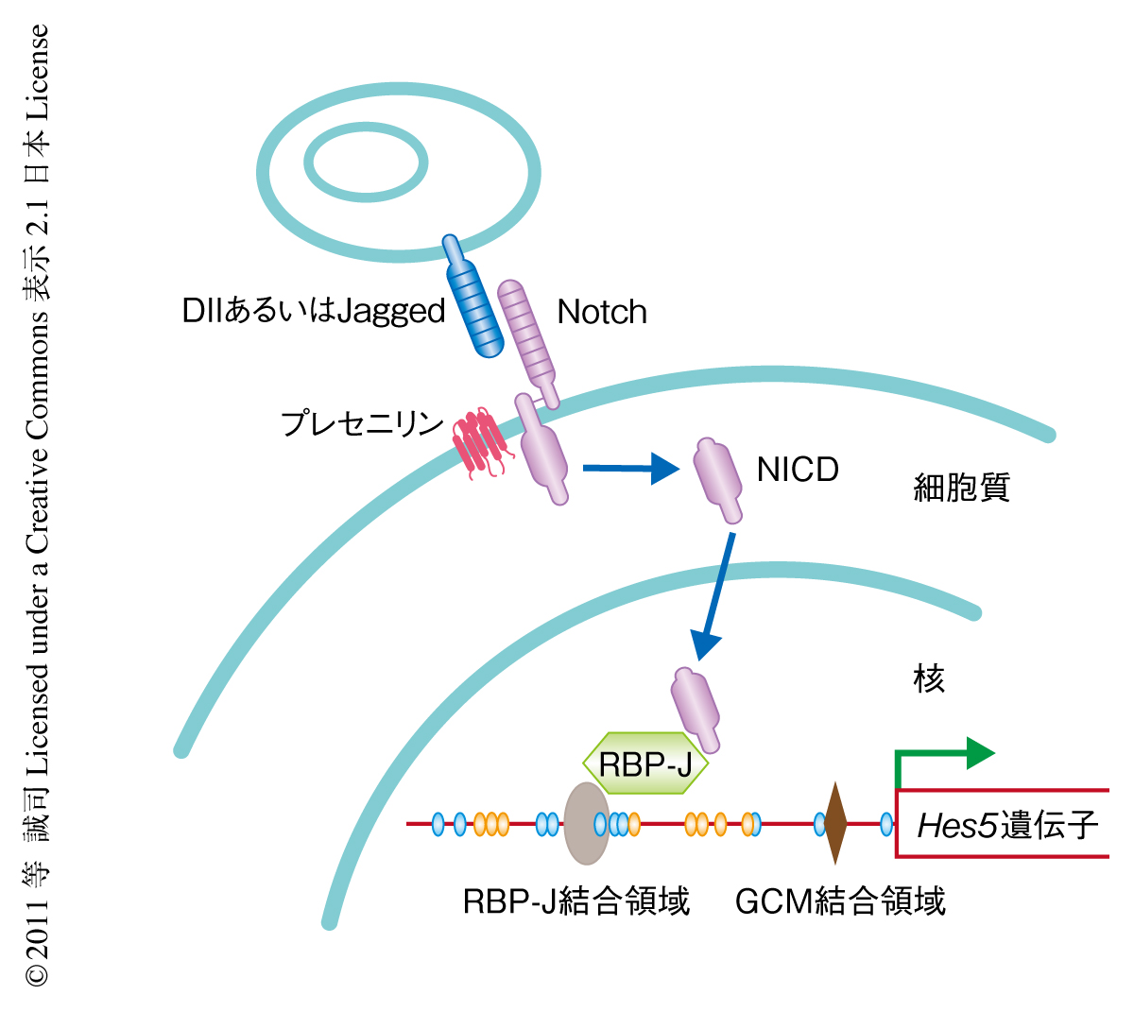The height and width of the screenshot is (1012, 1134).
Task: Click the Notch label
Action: click(602, 312)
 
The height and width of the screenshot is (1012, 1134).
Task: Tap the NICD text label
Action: click(798, 470)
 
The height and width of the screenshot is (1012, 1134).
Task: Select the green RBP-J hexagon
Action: click(645, 763)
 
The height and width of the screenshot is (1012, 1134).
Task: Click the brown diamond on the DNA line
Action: click(834, 823)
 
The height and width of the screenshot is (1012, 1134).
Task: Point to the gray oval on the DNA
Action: click(586, 823)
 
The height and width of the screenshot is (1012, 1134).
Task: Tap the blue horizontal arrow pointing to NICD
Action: click(630, 468)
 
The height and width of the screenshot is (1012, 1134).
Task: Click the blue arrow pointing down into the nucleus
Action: click(716, 595)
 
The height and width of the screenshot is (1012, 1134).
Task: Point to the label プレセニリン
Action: click(363, 422)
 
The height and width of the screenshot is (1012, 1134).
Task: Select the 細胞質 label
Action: click(961, 488)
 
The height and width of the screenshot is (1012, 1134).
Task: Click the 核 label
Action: click(929, 678)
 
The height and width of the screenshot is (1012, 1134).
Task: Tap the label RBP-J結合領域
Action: click(576, 901)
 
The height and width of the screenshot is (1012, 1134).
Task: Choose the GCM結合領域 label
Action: click(840, 901)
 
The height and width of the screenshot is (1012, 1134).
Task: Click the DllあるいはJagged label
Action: click(314, 311)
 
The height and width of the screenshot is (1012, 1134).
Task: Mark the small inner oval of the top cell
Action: click(368, 163)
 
